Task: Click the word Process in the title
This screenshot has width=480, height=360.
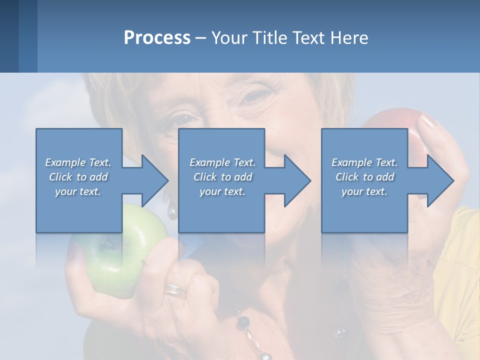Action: (x=157, y=37)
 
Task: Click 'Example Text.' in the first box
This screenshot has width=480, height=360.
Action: (x=78, y=162)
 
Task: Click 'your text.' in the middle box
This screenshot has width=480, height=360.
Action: (x=222, y=191)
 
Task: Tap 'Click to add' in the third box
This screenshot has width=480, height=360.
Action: (x=364, y=177)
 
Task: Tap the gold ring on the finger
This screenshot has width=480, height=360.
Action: (x=175, y=289)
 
